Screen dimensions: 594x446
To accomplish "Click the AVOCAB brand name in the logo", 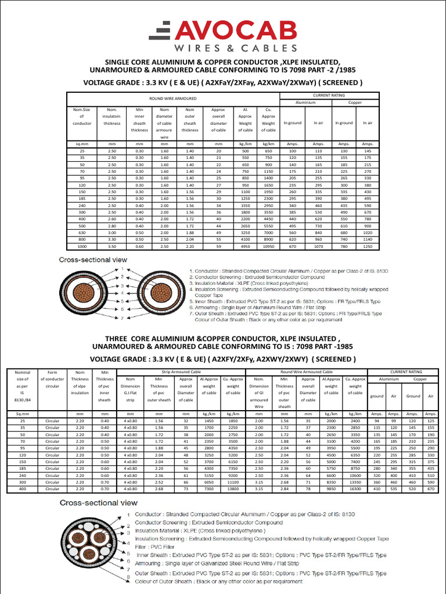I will tap(238, 30).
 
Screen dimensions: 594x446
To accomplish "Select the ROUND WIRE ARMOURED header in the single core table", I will tap(173, 99).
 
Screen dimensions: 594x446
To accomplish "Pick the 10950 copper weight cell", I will tap(268, 247).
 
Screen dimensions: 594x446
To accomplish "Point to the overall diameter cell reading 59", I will tap(219, 247).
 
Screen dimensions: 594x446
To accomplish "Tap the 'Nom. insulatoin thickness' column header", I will tap(111, 116).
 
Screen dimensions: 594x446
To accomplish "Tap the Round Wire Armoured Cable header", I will tap(307, 371).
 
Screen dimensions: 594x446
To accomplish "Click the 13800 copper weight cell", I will tap(233, 489).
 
